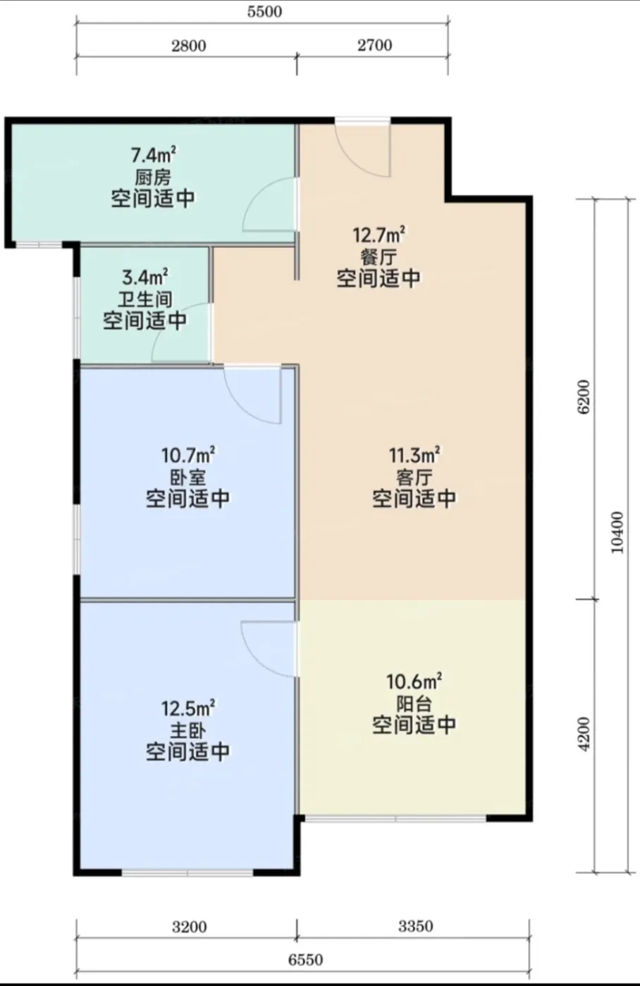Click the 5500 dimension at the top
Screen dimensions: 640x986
coord(264,11)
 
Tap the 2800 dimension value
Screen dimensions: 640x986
coord(188,46)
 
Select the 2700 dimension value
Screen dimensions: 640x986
coord(374,45)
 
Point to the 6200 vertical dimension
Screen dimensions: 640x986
coord(585,396)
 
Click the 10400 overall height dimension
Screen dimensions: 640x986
coord(617,532)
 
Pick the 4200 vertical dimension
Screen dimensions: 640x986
coord(585,734)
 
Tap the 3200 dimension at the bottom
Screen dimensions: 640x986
coord(189,928)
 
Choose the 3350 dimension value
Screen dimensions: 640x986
coord(415,927)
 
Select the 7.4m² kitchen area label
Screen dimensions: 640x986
coord(153,156)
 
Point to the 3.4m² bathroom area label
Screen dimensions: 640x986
coord(145,277)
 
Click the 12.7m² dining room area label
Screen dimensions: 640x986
coord(379,235)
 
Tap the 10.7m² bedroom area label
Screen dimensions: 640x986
coord(188,455)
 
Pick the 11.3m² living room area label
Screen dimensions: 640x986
coord(414,455)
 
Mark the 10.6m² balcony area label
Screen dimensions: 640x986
coord(414,682)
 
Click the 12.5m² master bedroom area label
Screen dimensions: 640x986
coord(188,709)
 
